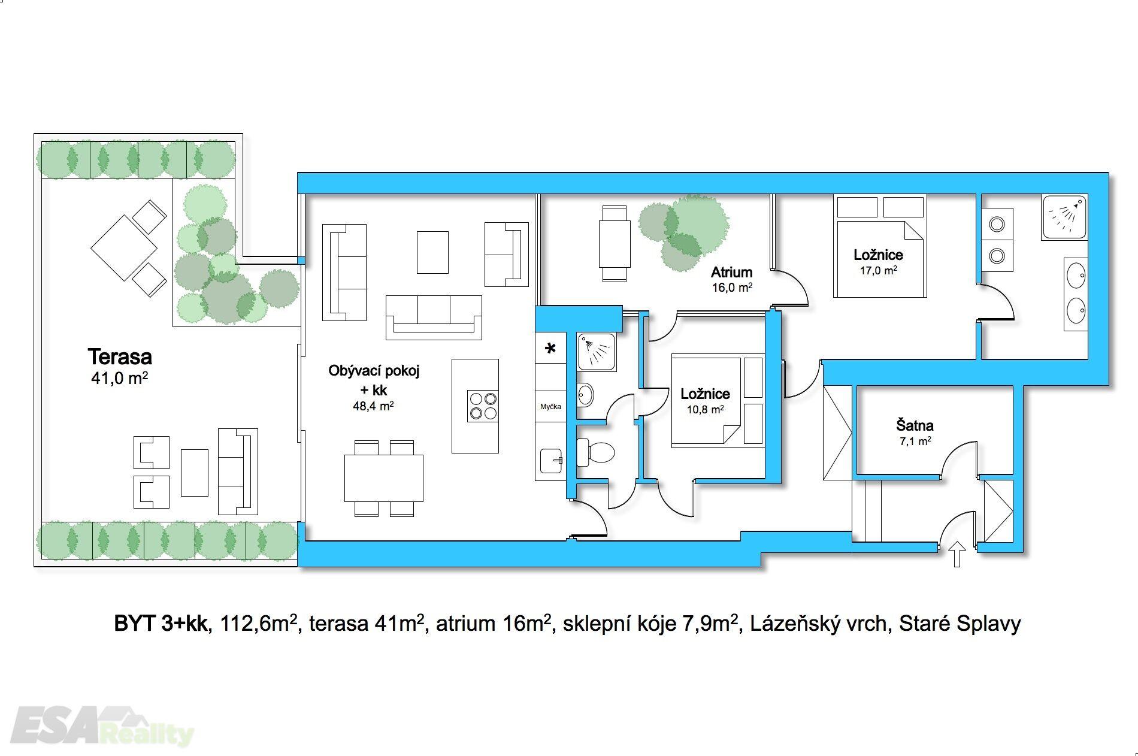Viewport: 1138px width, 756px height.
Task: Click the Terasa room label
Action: (x=120, y=356)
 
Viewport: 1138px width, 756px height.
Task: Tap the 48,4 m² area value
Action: (x=373, y=406)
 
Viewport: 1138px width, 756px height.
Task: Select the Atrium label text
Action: (x=731, y=273)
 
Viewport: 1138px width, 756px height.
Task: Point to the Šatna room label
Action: (x=915, y=426)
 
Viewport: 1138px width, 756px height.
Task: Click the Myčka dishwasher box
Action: (x=550, y=407)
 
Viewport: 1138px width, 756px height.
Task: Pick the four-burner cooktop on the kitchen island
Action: (x=483, y=406)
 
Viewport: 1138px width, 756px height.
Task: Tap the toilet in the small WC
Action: (x=596, y=452)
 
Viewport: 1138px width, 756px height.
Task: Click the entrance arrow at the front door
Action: (x=957, y=554)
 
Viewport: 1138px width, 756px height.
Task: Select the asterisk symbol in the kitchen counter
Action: (x=550, y=349)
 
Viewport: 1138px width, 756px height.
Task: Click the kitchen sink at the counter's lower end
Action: (x=551, y=461)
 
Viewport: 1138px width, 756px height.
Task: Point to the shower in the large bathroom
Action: (x=1064, y=217)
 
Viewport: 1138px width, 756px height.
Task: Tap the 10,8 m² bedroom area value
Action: (x=706, y=410)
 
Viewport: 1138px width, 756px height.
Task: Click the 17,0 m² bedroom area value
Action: (x=879, y=270)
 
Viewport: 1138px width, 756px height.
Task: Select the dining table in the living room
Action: (x=384, y=478)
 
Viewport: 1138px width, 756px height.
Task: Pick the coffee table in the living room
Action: (x=432, y=252)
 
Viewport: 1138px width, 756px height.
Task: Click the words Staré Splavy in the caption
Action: (x=960, y=624)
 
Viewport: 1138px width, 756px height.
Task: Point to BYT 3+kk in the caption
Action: (x=161, y=624)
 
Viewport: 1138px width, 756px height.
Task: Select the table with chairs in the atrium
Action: (x=615, y=243)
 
